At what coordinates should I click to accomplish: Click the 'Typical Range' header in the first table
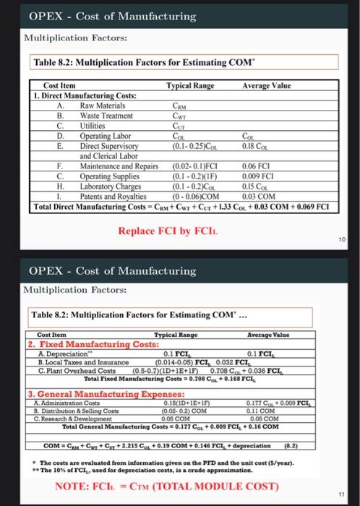pyautogui.click(x=191, y=85)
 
